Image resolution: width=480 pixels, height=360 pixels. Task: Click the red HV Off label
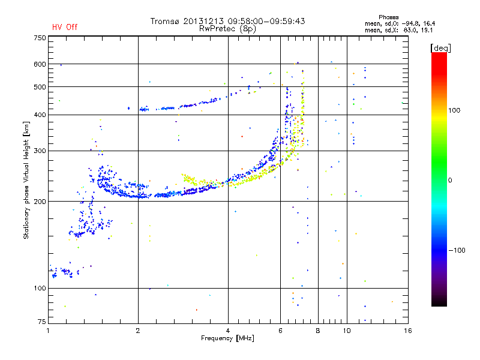(64, 27)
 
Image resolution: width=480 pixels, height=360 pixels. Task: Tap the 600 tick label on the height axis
(40, 64)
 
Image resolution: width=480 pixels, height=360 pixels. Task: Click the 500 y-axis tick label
(40, 87)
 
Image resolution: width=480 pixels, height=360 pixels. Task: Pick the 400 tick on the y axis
(40, 115)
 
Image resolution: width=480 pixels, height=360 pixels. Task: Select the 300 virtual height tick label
(40, 151)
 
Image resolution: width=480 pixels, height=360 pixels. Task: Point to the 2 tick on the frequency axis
(138, 330)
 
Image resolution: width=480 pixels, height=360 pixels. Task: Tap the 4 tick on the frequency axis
(228, 330)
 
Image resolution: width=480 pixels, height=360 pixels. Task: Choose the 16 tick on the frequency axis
(408, 330)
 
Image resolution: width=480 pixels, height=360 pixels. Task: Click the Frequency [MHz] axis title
(227, 338)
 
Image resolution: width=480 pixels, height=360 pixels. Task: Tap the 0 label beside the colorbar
(450, 180)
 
